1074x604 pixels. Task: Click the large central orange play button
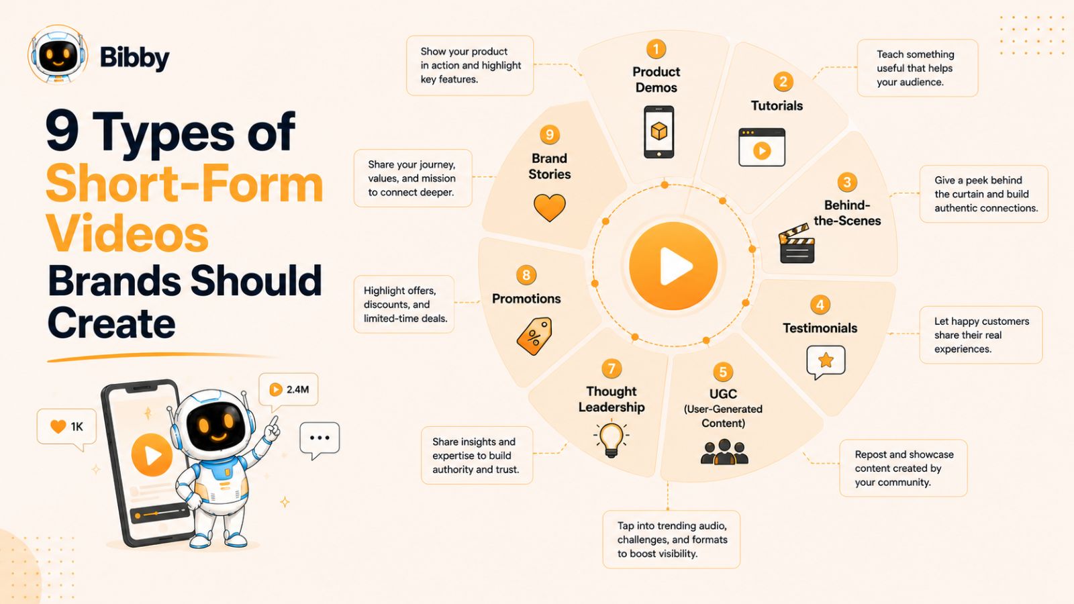[x=673, y=266]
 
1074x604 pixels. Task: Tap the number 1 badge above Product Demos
[x=656, y=49]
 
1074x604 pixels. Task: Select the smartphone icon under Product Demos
[x=658, y=132]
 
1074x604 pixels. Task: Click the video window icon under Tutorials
[x=762, y=147]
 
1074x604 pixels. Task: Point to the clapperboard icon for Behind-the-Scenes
[x=797, y=244]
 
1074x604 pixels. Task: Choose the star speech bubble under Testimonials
[x=826, y=362]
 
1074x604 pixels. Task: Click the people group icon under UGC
[x=724, y=452]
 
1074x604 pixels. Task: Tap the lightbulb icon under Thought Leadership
[x=612, y=439]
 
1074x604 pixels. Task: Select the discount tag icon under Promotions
[x=534, y=336]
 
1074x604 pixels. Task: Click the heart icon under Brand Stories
[x=550, y=207]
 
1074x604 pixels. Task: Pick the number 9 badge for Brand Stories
[x=550, y=135]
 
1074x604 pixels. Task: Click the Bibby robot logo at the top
[x=58, y=54]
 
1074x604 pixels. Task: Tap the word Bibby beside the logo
[x=135, y=58]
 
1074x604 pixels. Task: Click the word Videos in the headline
[x=128, y=234]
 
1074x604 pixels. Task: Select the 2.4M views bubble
[x=288, y=390]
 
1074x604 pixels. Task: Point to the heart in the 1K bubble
[x=58, y=426]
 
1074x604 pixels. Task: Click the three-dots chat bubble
[x=320, y=440]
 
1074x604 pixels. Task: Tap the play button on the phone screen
[x=152, y=455]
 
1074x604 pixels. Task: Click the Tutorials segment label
[x=777, y=105]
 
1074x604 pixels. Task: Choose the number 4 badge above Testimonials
[x=820, y=305]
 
